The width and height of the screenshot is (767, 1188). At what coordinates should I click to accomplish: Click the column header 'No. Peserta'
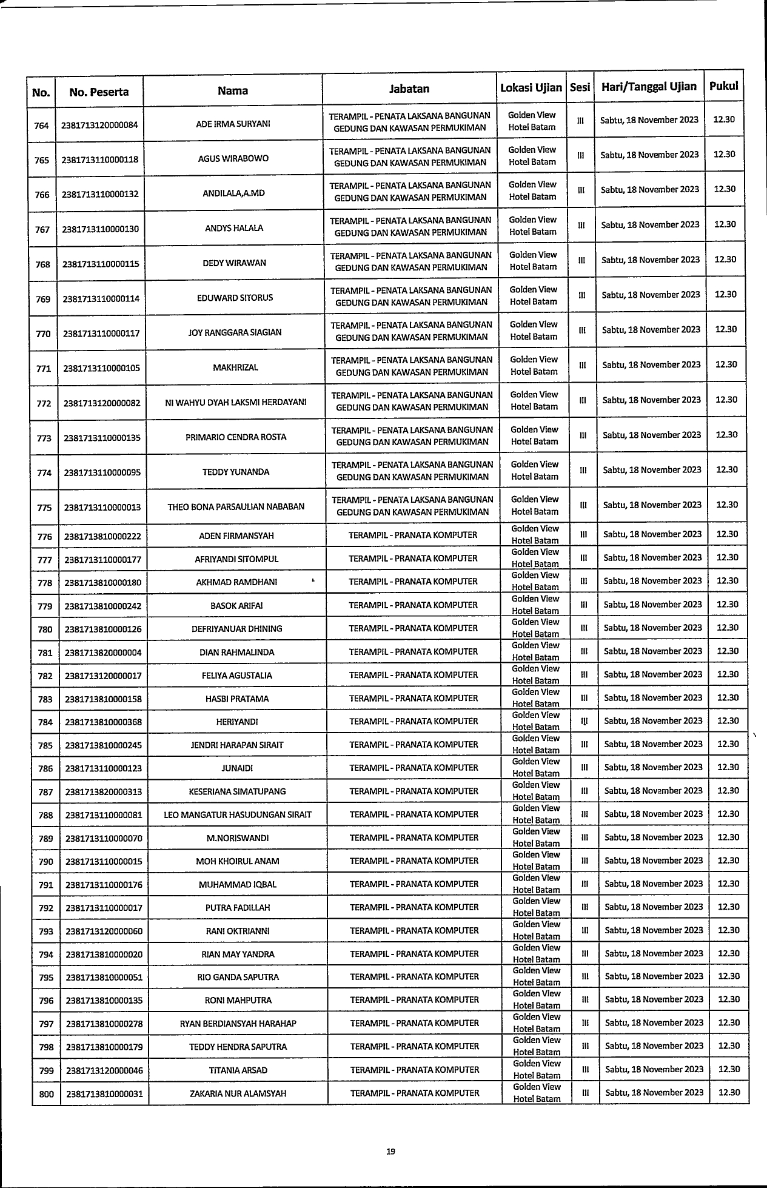99,92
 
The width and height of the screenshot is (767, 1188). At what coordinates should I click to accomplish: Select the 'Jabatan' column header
409,89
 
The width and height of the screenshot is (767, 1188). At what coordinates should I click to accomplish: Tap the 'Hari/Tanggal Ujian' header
649,86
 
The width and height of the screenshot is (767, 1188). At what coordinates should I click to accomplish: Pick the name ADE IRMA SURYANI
233,124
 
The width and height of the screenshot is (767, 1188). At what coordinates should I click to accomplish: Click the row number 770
43,334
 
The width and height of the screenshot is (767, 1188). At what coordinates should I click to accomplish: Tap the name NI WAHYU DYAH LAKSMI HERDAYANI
236,402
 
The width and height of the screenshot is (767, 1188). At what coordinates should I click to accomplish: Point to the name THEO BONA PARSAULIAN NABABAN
236,506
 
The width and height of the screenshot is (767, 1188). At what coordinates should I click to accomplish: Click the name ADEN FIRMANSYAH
236,535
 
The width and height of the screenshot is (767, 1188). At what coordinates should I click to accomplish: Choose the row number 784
45,722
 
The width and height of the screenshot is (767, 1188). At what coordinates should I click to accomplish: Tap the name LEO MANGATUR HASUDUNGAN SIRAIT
238,814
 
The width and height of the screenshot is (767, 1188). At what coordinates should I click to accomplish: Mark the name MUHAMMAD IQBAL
238,884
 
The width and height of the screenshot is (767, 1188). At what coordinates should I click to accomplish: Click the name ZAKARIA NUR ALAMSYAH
238,1094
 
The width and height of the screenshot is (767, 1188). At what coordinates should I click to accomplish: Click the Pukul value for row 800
729,1092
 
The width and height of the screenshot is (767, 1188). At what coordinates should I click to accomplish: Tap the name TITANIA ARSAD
238,1070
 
